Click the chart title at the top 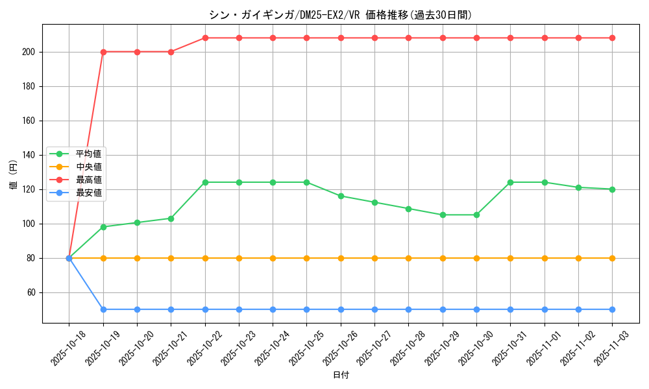pyautogui.click(x=341, y=14)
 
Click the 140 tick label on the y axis pyautogui.click(x=30, y=155)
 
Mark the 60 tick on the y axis pyautogui.click(x=32, y=292)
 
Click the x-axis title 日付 pyautogui.click(x=341, y=375)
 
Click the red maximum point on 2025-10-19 pyautogui.click(x=103, y=52)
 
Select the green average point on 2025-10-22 pyautogui.click(x=205, y=182)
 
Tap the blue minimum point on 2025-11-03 pyautogui.click(x=612, y=309)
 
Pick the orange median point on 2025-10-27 pyautogui.click(x=374, y=258)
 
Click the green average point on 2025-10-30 pyautogui.click(x=476, y=215)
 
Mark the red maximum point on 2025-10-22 pyautogui.click(x=205, y=38)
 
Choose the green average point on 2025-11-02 pyautogui.click(x=578, y=187)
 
